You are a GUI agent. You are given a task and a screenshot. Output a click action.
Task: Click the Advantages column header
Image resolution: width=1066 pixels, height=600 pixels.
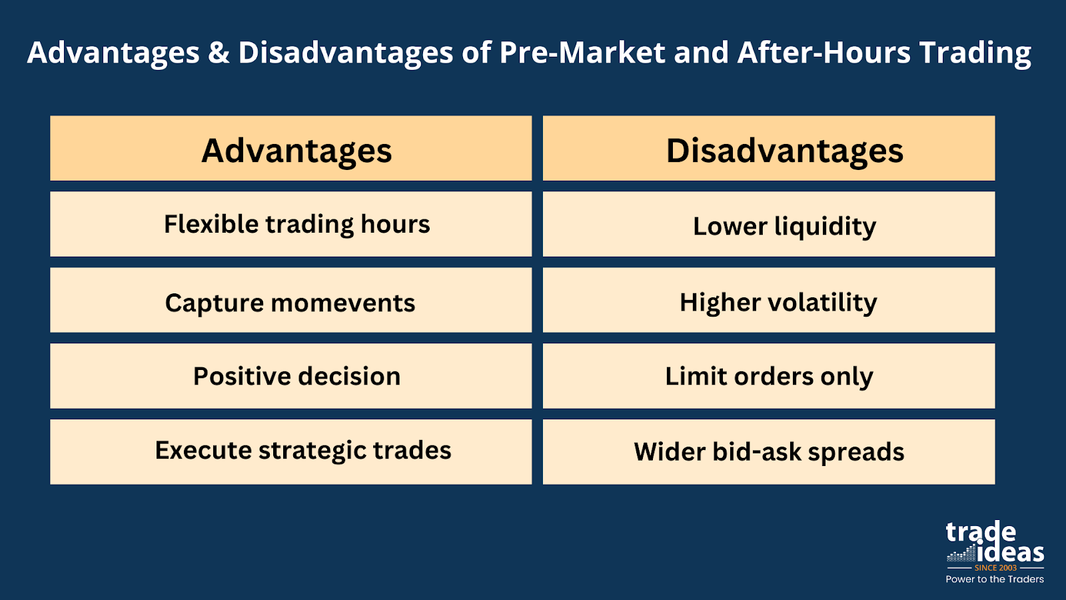290,148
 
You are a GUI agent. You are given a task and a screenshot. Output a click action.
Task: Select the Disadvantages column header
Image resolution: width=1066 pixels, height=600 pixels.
769,148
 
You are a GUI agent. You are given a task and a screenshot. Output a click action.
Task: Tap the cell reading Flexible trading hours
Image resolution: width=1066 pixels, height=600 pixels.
290,224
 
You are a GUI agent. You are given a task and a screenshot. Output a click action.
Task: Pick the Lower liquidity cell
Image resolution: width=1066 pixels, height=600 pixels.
769,224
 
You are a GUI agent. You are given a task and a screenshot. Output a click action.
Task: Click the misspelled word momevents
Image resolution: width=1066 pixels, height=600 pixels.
343,303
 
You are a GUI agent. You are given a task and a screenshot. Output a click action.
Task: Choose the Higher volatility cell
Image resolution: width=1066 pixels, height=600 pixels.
769,300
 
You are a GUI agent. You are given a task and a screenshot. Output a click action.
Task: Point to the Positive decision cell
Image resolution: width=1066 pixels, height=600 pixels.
290,376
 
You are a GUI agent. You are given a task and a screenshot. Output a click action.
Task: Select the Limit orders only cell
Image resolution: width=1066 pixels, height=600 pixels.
769,376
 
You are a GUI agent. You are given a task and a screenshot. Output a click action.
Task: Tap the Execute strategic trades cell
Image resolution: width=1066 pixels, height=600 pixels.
290,452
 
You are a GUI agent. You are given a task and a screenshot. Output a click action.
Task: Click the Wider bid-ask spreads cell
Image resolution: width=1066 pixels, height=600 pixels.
769,452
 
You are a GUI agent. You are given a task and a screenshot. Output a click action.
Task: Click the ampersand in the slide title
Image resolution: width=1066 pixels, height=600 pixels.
219,53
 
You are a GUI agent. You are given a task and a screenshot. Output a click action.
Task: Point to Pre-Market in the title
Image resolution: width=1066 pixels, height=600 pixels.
582,53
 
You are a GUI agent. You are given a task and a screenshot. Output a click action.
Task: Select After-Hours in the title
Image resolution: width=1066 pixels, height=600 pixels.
823,53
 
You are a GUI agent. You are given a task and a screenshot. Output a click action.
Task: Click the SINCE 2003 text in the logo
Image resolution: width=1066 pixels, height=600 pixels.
995,567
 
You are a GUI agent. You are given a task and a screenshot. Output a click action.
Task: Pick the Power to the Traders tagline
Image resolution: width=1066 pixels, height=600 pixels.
995,579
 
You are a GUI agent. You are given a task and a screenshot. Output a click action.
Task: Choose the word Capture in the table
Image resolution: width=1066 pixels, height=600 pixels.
215,303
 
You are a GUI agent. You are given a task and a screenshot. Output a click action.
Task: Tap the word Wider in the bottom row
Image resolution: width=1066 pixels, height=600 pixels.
670,452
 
